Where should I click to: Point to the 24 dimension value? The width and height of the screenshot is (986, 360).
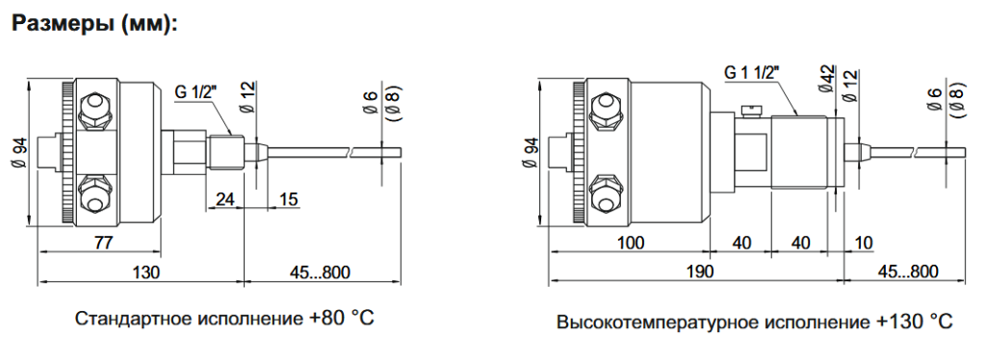tap(224, 198)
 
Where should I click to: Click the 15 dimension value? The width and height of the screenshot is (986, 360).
tap(288, 198)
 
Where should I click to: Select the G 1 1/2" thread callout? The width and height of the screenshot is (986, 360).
tap(752, 71)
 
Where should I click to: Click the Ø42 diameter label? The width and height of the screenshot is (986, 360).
tap(825, 77)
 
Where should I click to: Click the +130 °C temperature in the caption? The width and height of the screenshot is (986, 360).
tap(915, 320)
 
